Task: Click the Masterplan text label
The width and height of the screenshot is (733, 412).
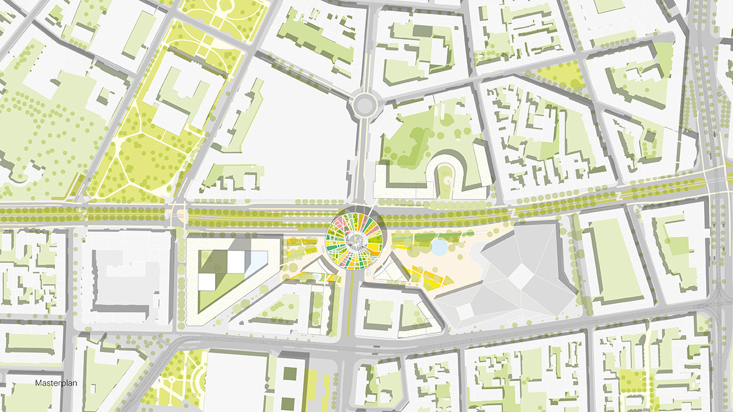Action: [x=54, y=383]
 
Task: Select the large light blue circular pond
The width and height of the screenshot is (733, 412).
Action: [x=439, y=247]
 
